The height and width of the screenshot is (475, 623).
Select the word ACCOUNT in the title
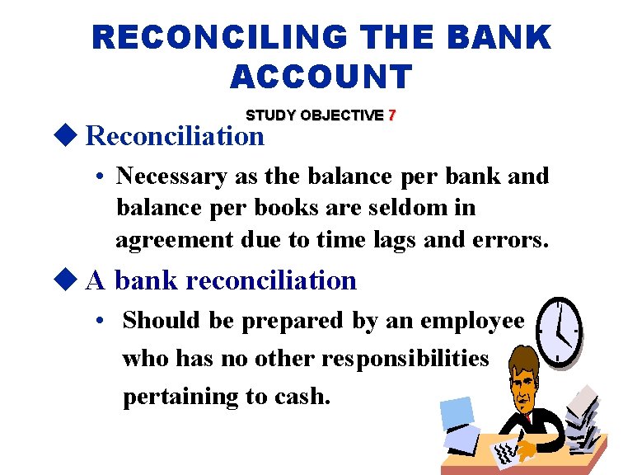321,77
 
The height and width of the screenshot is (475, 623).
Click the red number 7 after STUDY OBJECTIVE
392,115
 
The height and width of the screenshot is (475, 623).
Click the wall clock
560,331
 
